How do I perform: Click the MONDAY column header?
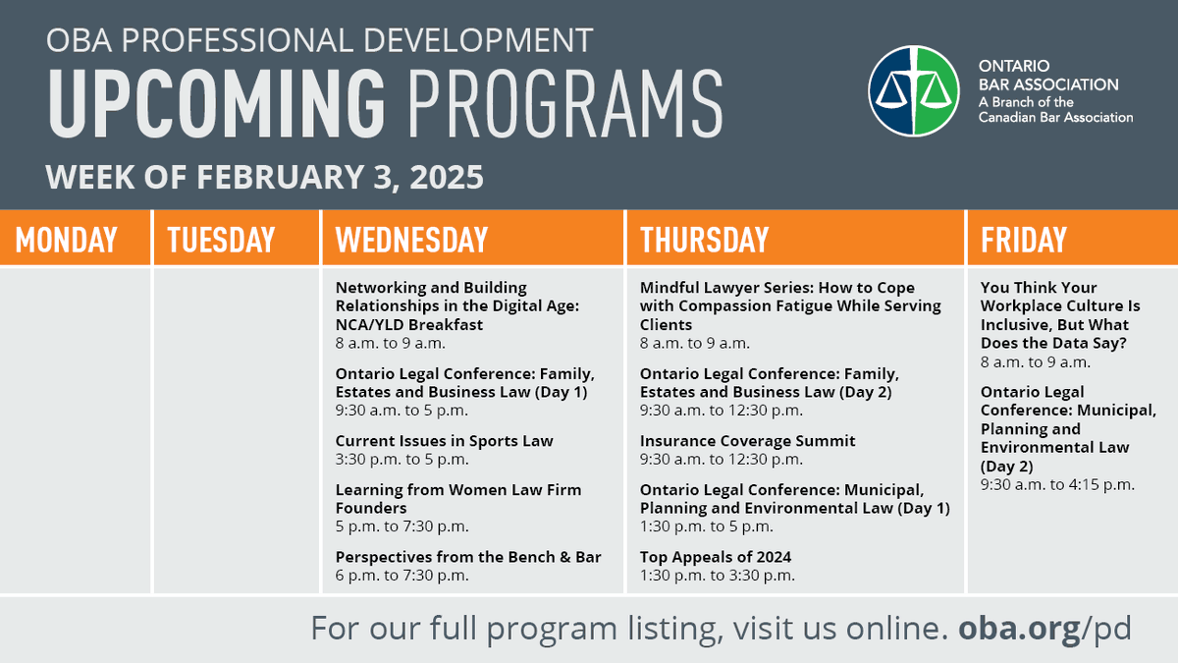tap(66, 240)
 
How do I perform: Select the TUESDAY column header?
tap(221, 240)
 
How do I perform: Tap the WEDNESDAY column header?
tap(411, 240)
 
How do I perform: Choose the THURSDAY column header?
tap(704, 240)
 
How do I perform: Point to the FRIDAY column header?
tap(1023, 240)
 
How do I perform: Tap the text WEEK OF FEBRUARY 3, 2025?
tap(265, 178)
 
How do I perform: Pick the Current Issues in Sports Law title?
tap(444, 441)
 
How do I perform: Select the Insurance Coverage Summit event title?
tap(747, 441)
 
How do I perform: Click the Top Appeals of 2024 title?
tap(716, 557)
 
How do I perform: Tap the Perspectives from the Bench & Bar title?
tap(468, 557)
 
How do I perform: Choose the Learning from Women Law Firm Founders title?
tap(457, 499)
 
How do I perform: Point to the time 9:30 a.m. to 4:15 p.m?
tap(1057, 484)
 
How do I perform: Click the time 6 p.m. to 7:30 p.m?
tap(402, 576)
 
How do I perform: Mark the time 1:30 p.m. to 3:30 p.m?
tap(717, 576)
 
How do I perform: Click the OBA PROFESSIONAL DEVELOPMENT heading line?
tap(319, 40)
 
